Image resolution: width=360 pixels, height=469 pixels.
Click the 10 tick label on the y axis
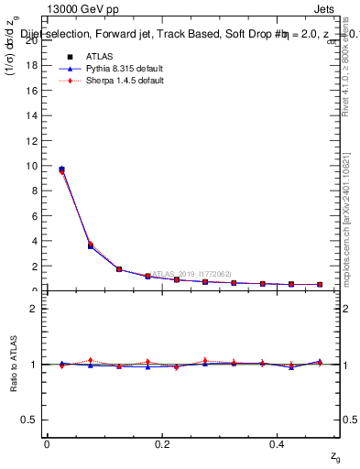[36, 166]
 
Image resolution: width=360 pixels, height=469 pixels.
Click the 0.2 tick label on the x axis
[161, 443]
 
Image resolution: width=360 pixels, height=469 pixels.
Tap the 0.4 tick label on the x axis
[277, 443]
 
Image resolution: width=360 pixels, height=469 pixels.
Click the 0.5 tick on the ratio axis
[33, 420]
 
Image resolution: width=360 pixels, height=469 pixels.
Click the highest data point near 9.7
[61, 169]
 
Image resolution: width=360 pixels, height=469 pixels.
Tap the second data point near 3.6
[90, 245]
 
